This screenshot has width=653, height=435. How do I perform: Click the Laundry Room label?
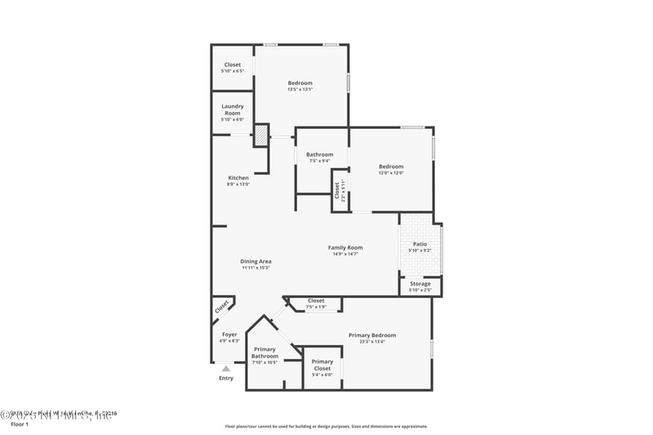(x=233, y=109)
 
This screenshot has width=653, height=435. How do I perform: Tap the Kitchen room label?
(x=238, y=178)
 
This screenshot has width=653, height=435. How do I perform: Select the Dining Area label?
(x=255, y=262)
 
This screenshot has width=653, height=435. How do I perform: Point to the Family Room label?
(x=345, y=248)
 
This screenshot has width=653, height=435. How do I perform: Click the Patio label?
(x=420, y=243)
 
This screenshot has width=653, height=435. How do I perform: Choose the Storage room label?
(x=420, y=284)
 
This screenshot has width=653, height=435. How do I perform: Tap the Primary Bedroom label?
(x=372, y=335)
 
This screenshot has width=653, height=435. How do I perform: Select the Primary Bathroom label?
(x=264, y=353)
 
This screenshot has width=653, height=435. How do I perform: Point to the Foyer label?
(x=229, y=335)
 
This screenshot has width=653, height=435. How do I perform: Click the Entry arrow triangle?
(x=226, y=369)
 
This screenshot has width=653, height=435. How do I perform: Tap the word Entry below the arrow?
(x=226, y=378)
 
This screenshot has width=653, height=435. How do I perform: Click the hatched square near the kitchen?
(x=260, y=135)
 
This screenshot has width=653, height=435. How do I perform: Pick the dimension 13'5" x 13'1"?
(x=300, y=90)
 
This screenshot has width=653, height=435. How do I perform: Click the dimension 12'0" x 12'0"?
(x=391, y=173)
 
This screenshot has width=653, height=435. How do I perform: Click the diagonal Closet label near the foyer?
(x=222, y=307)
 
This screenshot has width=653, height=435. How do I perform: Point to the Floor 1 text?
(x=19, y=424)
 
